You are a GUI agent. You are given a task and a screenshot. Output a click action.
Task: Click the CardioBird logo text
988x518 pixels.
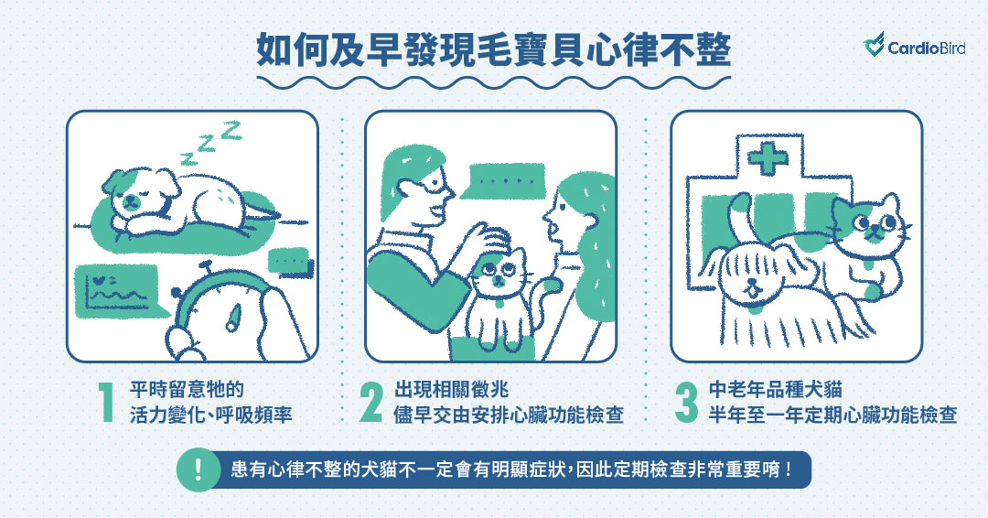(x=926, y=48)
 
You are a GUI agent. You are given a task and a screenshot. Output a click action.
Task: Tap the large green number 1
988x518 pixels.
(x=107, y=403)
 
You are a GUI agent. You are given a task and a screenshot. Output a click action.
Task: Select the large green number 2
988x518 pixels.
(x=371, y=403)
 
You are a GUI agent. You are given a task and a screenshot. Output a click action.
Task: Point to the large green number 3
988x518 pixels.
(x=686, y=403)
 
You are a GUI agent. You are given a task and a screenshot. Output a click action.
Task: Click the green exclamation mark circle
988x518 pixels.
(x=198, y=469)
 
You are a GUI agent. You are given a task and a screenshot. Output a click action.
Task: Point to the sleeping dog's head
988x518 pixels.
(x=135, y=191)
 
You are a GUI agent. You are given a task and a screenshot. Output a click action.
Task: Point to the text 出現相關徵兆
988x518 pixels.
(x=452, y=389)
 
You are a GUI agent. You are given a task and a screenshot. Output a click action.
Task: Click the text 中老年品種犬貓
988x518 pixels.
(x=776, y=389)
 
